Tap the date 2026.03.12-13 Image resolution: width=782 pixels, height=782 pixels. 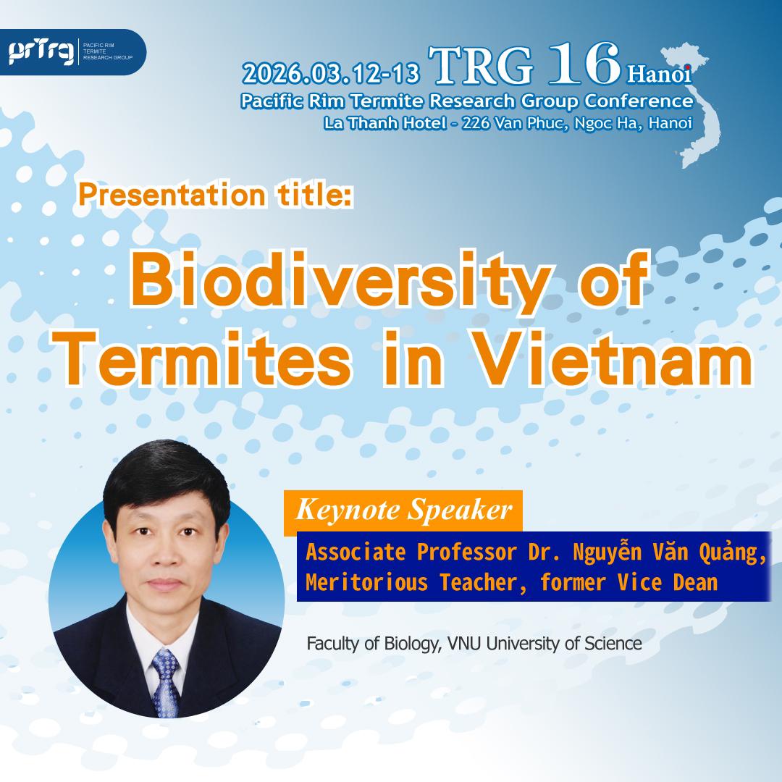click(331, 73)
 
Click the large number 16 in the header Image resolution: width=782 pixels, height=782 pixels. click(584, 63)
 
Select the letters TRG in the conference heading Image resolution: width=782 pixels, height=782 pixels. click(480, 65)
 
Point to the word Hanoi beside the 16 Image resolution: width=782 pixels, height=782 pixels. click(660, 74)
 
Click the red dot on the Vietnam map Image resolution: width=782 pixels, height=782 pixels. click(688, 67)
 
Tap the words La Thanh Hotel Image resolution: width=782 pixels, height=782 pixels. click(384, 122)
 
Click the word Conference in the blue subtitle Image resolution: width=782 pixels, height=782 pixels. click(639, 101)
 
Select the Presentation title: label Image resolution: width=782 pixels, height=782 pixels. click(216, 195)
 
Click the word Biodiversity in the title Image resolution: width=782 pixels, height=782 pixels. click(340, 279)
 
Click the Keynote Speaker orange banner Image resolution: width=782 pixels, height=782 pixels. click(403, 510)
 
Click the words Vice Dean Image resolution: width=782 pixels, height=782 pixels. click(668, 582)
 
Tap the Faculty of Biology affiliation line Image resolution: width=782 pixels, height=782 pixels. click(474, 644)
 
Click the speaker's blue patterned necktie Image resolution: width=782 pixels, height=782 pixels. click(166, 684)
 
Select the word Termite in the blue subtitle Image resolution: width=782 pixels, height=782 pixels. click(385, 101)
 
